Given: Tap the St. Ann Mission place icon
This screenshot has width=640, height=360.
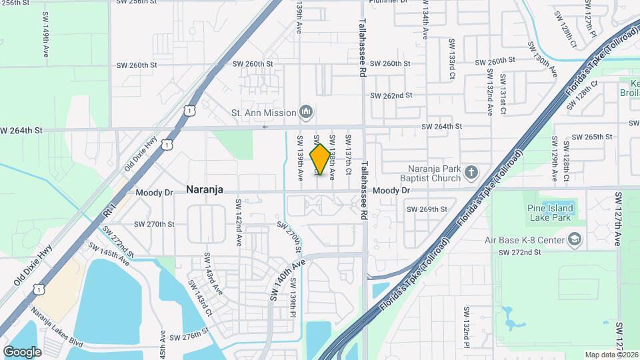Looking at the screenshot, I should [x=306, y=112].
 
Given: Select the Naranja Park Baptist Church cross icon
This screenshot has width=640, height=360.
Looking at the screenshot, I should [x=471, y=173].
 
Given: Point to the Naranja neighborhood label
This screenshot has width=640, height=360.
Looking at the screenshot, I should [x=204, y=190].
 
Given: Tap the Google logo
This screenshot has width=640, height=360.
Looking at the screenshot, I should [x=22, y=351].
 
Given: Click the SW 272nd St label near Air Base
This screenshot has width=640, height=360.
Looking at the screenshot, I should [x=520, y=252].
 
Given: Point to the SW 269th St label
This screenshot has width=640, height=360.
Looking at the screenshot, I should [x=427, y=209].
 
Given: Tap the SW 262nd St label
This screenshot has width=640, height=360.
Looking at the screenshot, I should [x=393, y=95].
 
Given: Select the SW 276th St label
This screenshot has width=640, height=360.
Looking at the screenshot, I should [x=189, y=337].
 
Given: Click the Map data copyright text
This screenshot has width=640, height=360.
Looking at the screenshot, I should [x=611, y=354].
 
